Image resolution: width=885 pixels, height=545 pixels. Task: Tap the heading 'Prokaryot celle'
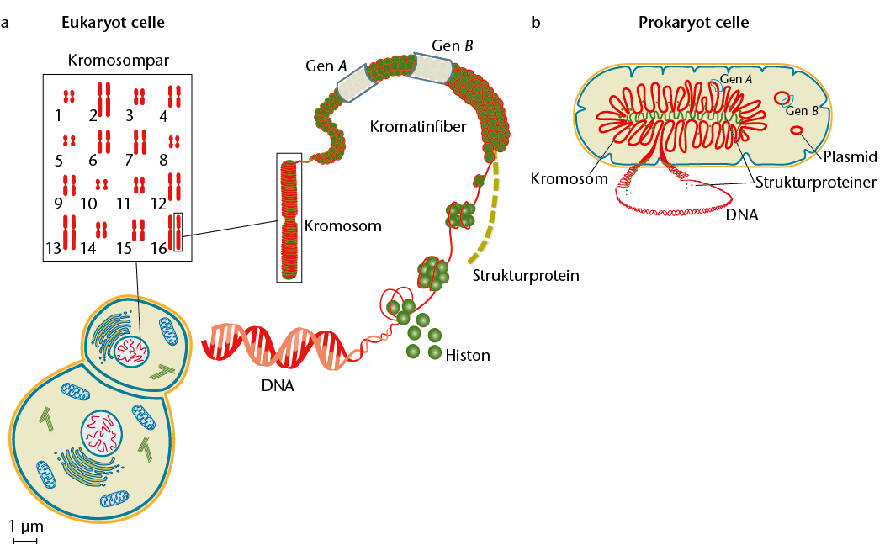694,23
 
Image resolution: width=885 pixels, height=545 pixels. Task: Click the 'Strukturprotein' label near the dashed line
526,275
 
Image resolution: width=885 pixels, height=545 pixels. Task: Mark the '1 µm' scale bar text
26,526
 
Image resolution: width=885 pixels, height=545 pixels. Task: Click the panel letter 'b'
536,23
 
